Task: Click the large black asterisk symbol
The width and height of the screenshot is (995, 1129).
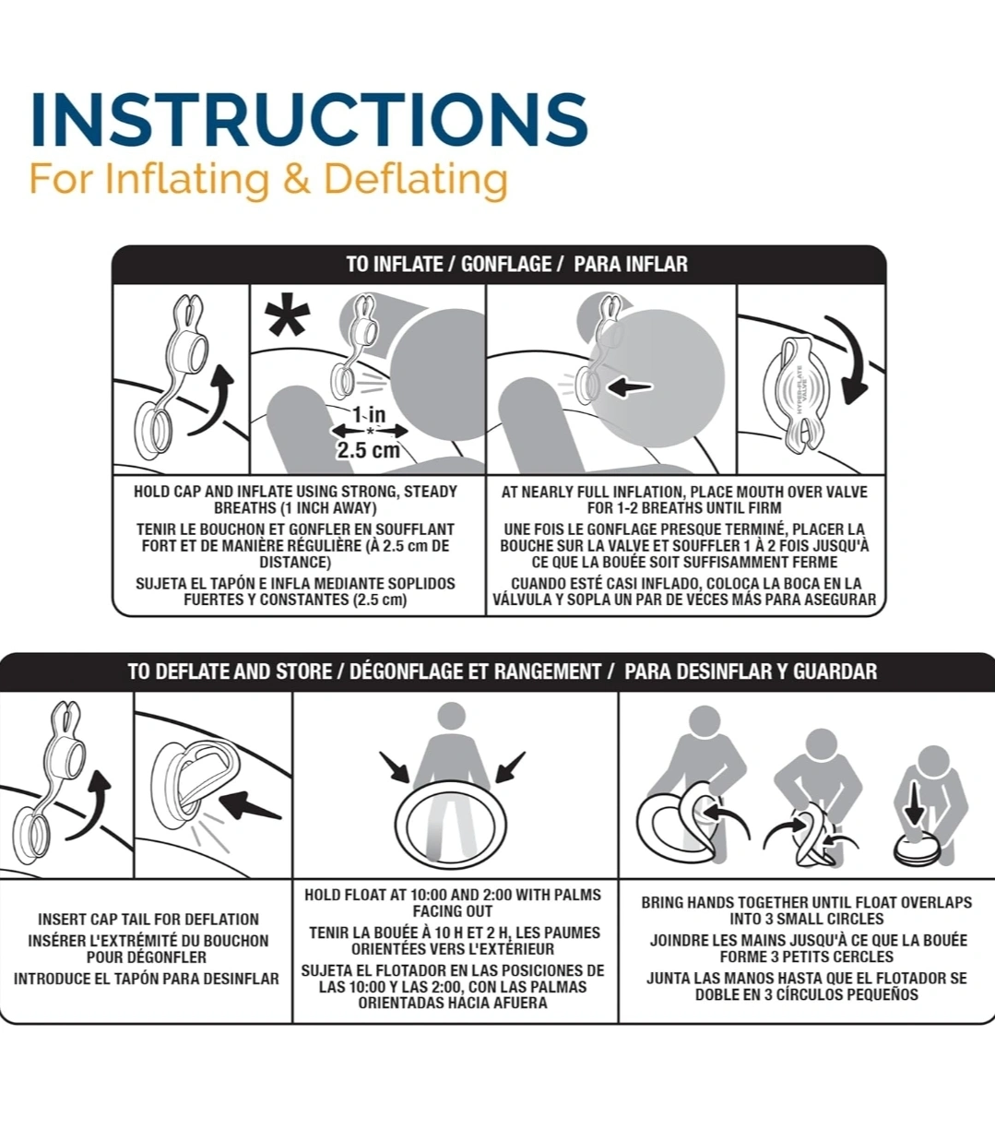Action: [x=287, y=315]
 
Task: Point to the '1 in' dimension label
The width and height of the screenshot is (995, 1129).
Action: [x=369, y=414]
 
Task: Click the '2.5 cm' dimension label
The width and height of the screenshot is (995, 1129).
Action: [x=368, y=450]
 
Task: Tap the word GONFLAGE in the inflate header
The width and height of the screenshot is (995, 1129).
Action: [x=506, y=264]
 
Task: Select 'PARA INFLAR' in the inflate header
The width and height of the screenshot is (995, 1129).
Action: [x=631, y=264]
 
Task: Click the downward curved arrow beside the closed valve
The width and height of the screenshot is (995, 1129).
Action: [x=855, y=357]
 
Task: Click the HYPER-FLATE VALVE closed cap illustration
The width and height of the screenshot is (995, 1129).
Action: [x=798, y=395]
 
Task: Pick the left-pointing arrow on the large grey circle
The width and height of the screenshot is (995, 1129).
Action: [x=630, y=387]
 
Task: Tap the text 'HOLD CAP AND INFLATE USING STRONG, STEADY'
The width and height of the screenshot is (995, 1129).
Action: [x=295, y=492]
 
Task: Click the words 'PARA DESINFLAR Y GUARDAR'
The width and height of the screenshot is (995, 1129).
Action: [x=751, y=671]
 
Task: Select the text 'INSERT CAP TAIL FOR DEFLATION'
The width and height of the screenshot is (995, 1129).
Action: [x=148, y=920]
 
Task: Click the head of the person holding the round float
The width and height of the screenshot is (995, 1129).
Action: [x=451, y=717]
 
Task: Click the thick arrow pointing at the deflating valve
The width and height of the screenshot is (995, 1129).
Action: [x=250, y=805]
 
